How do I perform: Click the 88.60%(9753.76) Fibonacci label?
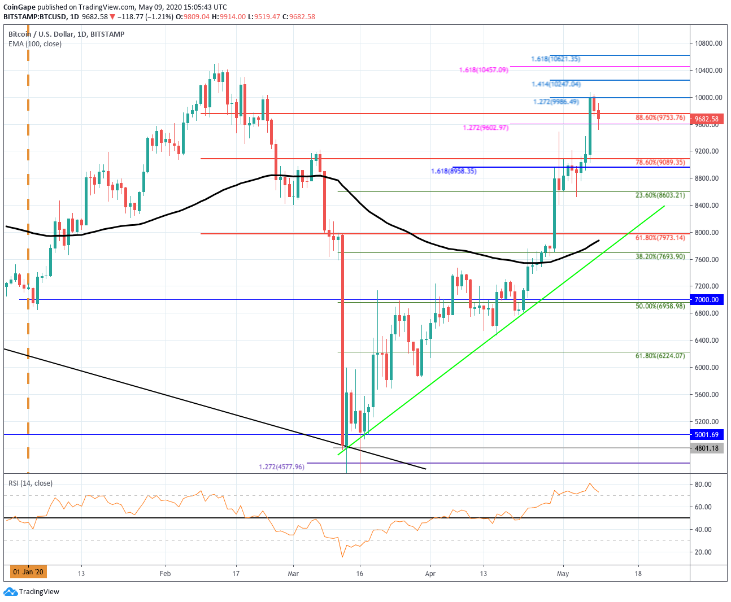coord(660,117)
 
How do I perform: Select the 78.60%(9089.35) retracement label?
coord(660,162)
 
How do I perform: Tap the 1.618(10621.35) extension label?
coord(555,59)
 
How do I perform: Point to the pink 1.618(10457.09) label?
coord(484,70)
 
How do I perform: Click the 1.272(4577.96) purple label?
coord(281,467)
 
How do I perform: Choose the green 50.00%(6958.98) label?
coord(660,306)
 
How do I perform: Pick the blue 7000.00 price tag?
coord(706,300)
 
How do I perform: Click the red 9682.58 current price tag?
coord(706,119)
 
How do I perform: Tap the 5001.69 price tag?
coord(706,435)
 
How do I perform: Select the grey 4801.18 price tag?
coord(706,448)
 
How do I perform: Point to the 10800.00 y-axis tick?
coord(708,43)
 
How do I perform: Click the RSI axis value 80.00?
coord(703,485)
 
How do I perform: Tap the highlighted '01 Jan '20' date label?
coord(28,572)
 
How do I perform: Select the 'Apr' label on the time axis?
coord(430,574)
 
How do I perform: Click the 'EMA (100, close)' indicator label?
coord(35,44)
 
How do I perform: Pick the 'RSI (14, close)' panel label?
coord(31,483)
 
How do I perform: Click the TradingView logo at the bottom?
coord(32,592)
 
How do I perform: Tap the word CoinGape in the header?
coord(19,7)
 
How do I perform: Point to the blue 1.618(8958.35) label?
coord(453,171)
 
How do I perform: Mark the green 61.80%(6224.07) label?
coord(660,356)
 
